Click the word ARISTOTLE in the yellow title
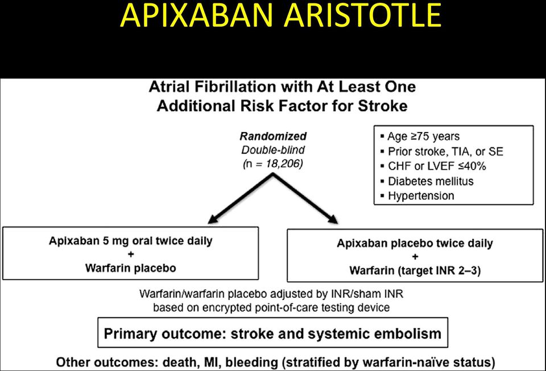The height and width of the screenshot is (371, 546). [362, 16]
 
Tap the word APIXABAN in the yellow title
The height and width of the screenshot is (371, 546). [196, 16]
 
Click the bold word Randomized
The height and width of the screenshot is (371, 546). [274, 136]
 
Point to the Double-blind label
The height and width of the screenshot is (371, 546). [274, 150]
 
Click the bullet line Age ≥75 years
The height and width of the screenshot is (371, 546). [420, 136]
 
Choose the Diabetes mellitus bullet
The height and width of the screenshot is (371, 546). [427, 181]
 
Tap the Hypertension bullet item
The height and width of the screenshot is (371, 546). [417, 196]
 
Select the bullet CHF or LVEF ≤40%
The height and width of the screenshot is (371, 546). [433, 166]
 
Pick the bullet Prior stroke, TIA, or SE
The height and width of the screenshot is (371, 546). [442, 151]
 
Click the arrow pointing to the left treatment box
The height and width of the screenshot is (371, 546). [240, 199]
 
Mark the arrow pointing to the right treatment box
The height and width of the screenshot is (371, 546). [305, 199]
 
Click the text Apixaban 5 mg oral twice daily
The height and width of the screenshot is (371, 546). [131, 241]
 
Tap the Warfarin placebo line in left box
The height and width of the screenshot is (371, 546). [131, 268]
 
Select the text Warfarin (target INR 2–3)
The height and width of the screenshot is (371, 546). [415, 271]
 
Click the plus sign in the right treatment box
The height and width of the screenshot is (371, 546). [415, 257]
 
